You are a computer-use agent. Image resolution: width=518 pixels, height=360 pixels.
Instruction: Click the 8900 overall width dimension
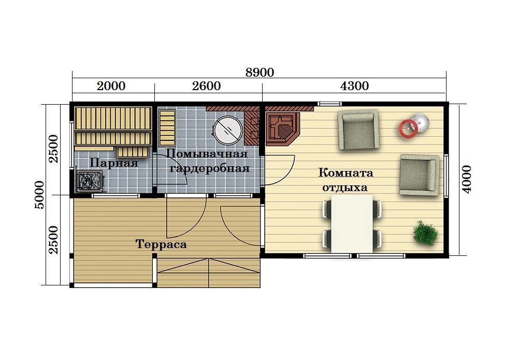point(260,73)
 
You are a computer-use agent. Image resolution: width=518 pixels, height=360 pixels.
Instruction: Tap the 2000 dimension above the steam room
point(111,86)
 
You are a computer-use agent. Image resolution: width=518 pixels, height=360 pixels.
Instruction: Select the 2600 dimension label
point(206,86)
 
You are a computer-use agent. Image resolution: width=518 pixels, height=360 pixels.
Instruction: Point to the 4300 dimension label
point(354,86)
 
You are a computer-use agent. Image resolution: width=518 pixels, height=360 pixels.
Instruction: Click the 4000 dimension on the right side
point(467,179)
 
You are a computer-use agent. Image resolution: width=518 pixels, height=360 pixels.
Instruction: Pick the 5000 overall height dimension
point(39,195)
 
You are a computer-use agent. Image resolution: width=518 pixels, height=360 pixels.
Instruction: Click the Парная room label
point(113,163)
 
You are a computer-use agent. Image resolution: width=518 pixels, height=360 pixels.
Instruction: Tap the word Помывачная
point(207,153)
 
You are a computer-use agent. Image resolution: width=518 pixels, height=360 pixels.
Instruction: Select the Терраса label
point(161,244)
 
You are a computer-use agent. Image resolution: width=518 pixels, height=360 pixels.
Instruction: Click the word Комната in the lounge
point(346,172)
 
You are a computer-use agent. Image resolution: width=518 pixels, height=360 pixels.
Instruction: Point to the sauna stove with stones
point(90,181)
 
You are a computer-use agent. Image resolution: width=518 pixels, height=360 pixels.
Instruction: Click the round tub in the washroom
point(227,130)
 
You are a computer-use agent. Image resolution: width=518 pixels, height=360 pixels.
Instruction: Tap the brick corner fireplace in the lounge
point(283,129)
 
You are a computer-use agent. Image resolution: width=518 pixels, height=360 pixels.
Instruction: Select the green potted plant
point(425,233)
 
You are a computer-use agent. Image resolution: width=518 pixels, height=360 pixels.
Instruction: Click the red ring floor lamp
point(408,128)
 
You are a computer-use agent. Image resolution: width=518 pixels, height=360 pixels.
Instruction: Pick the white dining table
point(352,224)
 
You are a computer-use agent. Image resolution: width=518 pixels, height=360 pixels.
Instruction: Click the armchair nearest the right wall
point(420,175)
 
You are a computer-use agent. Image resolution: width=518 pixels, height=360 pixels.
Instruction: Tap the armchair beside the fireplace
point(358,130)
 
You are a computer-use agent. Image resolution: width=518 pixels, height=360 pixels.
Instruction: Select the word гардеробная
point(209,168)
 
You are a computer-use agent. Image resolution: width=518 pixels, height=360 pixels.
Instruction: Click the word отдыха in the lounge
point(345,188)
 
